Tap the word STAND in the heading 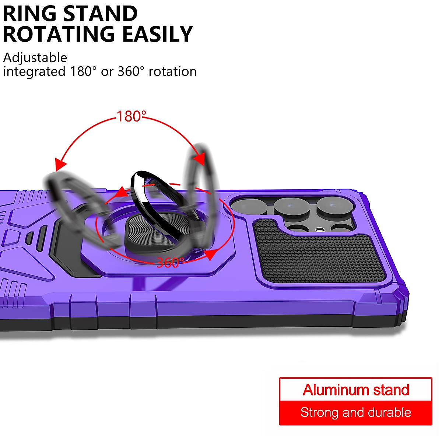point(100,14)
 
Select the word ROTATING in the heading point(59,34)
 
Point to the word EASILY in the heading point(157,34)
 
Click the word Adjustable point(35,57)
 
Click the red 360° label point(170,263)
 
